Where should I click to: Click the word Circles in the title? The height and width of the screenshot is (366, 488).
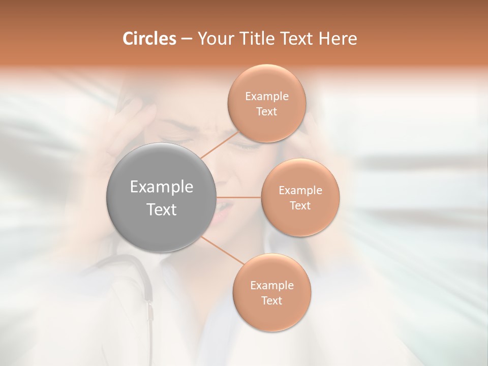click(149, 39)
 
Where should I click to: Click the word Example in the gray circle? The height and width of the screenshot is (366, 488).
click(162, 187)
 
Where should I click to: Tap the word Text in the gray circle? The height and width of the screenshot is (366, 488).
click(162, 209)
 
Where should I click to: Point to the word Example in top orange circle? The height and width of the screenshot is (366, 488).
click(267, 97)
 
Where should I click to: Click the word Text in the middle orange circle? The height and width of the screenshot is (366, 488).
click(300, 206)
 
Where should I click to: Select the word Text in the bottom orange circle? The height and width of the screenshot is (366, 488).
click(272, 301)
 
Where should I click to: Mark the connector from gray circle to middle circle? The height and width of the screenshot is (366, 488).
click(239, 197)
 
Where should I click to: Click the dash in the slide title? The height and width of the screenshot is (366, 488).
click(187, 39)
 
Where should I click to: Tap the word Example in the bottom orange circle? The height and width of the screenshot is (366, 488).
click(272, 286)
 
